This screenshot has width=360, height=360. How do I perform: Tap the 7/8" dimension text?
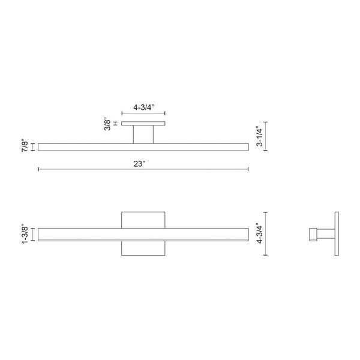[25, 146]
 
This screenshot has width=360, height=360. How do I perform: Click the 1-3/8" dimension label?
[25, 233]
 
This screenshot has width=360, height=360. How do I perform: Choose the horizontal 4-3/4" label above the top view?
[143, 106]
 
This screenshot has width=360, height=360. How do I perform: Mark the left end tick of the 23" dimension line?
[39, 170]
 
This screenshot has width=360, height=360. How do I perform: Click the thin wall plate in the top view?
[143, 124]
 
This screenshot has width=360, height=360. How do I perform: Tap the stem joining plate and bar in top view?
[143, 134]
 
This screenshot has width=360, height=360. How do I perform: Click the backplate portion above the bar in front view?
[143, 219]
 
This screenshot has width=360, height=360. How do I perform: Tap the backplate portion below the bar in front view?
[143, 248]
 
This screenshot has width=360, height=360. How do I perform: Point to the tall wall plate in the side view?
[337, 233]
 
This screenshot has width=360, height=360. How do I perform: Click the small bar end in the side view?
[311, 234]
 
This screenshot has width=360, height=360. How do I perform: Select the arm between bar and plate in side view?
[325, 234]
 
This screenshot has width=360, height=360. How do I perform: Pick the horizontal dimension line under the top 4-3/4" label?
[143, 113]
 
